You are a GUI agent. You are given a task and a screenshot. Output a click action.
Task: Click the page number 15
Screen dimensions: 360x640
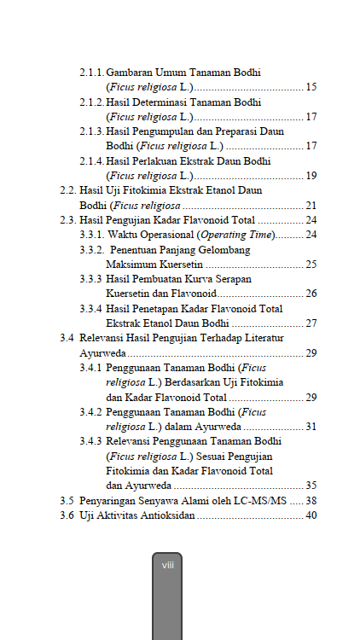311,87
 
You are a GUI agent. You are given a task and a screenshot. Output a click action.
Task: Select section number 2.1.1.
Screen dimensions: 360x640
91,73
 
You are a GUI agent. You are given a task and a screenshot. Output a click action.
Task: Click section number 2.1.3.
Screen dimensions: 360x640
91,131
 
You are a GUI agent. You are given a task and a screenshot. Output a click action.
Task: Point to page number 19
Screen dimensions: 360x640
311,176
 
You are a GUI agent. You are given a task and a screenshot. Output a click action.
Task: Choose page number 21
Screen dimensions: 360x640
311,206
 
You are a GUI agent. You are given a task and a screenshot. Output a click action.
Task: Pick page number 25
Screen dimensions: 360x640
311,265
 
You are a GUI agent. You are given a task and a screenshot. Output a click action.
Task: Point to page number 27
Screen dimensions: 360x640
311,323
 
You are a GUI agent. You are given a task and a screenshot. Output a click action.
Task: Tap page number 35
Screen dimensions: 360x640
311,485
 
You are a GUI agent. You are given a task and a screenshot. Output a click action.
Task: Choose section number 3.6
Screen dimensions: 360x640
66,515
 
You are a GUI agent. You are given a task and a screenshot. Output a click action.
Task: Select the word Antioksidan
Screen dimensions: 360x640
168,515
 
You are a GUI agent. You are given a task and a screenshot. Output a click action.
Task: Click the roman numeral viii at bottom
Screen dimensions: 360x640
168,565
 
